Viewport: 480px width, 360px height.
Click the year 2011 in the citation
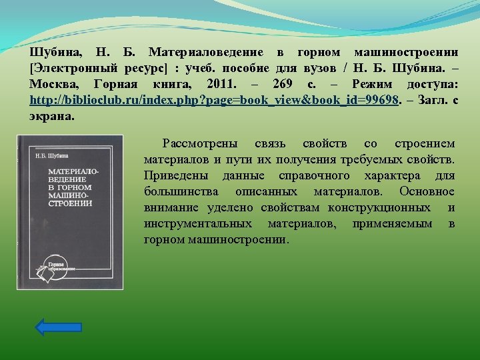221,84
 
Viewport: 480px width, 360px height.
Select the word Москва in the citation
53,84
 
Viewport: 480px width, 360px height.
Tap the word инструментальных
198,224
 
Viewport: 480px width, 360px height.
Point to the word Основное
427,192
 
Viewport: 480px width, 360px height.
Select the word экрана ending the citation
51,115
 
